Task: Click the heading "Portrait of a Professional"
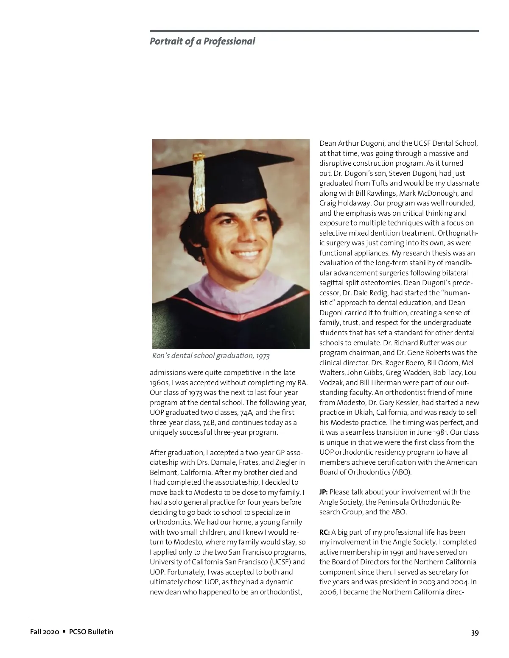point(202,41)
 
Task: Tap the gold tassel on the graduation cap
point(199,182)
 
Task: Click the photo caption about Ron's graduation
point(210,355)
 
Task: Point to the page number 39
point(475,633)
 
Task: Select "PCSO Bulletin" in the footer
point(91,632)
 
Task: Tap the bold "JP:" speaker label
point(324,492)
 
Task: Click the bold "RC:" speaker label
point(324,532)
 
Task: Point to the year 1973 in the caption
point(263,355)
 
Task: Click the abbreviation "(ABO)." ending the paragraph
point(401,472)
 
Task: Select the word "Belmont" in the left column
point(163,472)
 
